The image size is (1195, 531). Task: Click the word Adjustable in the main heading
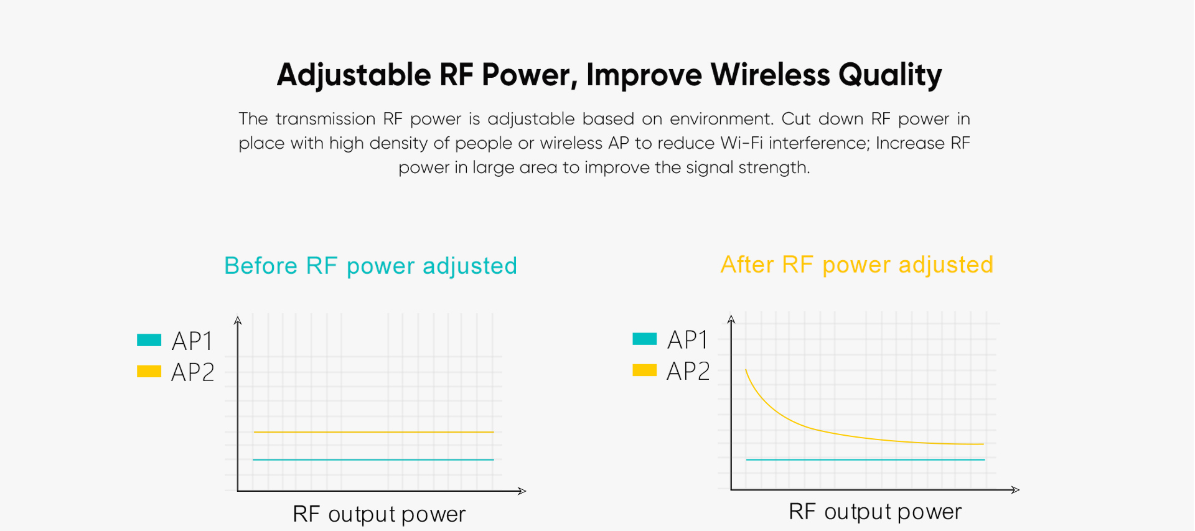354,75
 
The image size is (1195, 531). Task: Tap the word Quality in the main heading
889,75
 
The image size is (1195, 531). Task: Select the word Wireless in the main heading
770,75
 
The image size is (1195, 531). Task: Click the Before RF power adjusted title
370,266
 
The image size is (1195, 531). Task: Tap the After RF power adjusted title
856,265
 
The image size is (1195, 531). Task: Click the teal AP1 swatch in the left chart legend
149,340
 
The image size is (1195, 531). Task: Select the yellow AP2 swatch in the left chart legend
149,371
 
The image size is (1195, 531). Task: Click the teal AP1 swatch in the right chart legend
644,339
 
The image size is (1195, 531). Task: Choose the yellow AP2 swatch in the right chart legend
644,370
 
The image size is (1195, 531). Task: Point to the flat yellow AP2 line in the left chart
373,431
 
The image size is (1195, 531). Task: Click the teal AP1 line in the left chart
373,459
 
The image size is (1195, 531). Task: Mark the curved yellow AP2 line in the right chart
809,427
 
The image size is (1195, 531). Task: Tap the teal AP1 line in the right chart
865,459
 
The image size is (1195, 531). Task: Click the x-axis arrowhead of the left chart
522,491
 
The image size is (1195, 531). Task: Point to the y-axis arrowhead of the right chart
731,319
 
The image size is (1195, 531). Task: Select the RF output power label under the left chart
379,514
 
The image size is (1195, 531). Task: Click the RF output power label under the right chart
874,512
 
